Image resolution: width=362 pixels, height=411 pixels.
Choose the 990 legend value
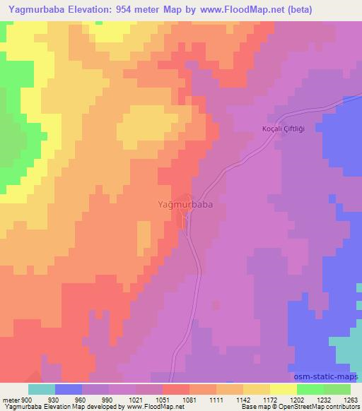pos(107,399)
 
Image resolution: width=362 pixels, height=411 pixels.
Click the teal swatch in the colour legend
pos(42,389)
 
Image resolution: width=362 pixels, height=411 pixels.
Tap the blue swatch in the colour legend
pos(68,389)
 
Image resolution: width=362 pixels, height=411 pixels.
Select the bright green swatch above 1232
pos(310,389)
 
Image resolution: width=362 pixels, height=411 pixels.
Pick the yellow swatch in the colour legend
pos(283,389)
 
